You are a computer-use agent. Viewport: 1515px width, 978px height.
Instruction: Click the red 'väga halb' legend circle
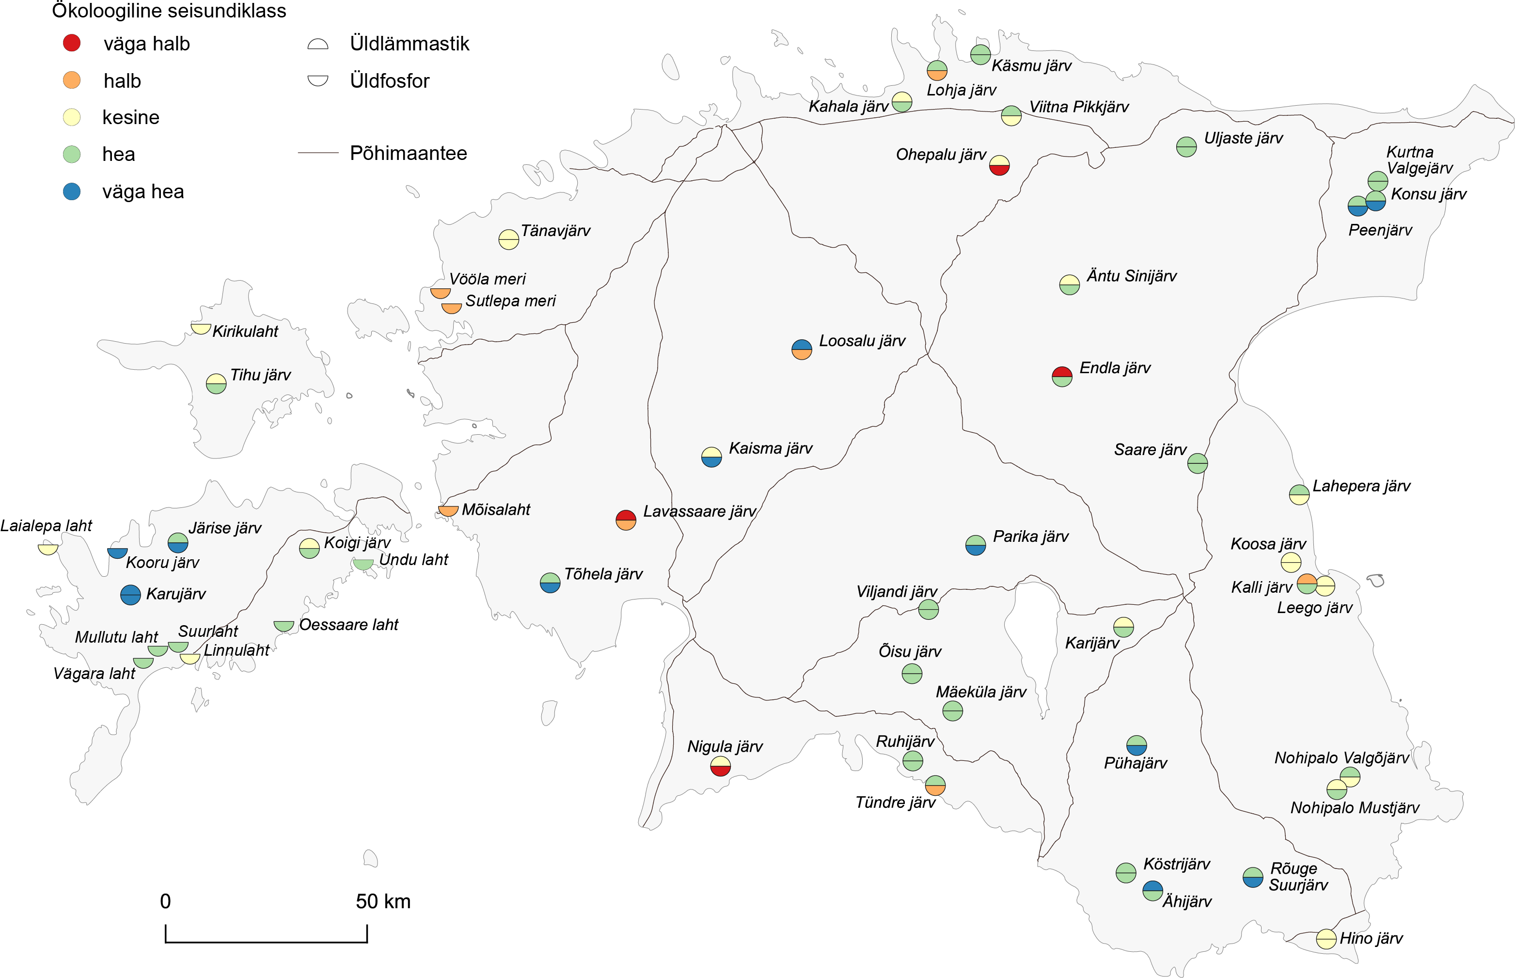tap(72, 43)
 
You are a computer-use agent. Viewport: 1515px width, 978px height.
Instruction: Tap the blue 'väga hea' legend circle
tap(72, 191)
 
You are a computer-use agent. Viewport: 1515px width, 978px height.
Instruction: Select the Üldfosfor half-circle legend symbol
tap(317, 80)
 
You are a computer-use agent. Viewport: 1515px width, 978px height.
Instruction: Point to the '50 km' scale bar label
tap(383, 901)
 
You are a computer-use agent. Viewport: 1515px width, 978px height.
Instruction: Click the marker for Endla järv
tap(1062, 377)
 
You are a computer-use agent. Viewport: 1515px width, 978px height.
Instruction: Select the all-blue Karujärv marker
tap(130, 595)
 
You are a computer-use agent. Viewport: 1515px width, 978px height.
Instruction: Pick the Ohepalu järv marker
tap(999, 165)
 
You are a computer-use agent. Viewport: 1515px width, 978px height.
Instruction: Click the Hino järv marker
tap(1326, 939)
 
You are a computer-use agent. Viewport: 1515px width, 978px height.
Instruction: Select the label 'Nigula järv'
tap(725, 746)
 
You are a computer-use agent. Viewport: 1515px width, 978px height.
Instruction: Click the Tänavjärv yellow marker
tap(508, 239)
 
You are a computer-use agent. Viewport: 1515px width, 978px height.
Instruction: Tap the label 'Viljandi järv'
tap(896, 591)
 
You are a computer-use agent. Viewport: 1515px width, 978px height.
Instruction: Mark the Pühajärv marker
tap(1136, 745)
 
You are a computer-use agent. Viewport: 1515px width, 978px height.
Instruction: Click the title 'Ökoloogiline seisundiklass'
tap(169, 11)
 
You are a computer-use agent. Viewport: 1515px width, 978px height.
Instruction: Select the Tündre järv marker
tap(935, 786)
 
